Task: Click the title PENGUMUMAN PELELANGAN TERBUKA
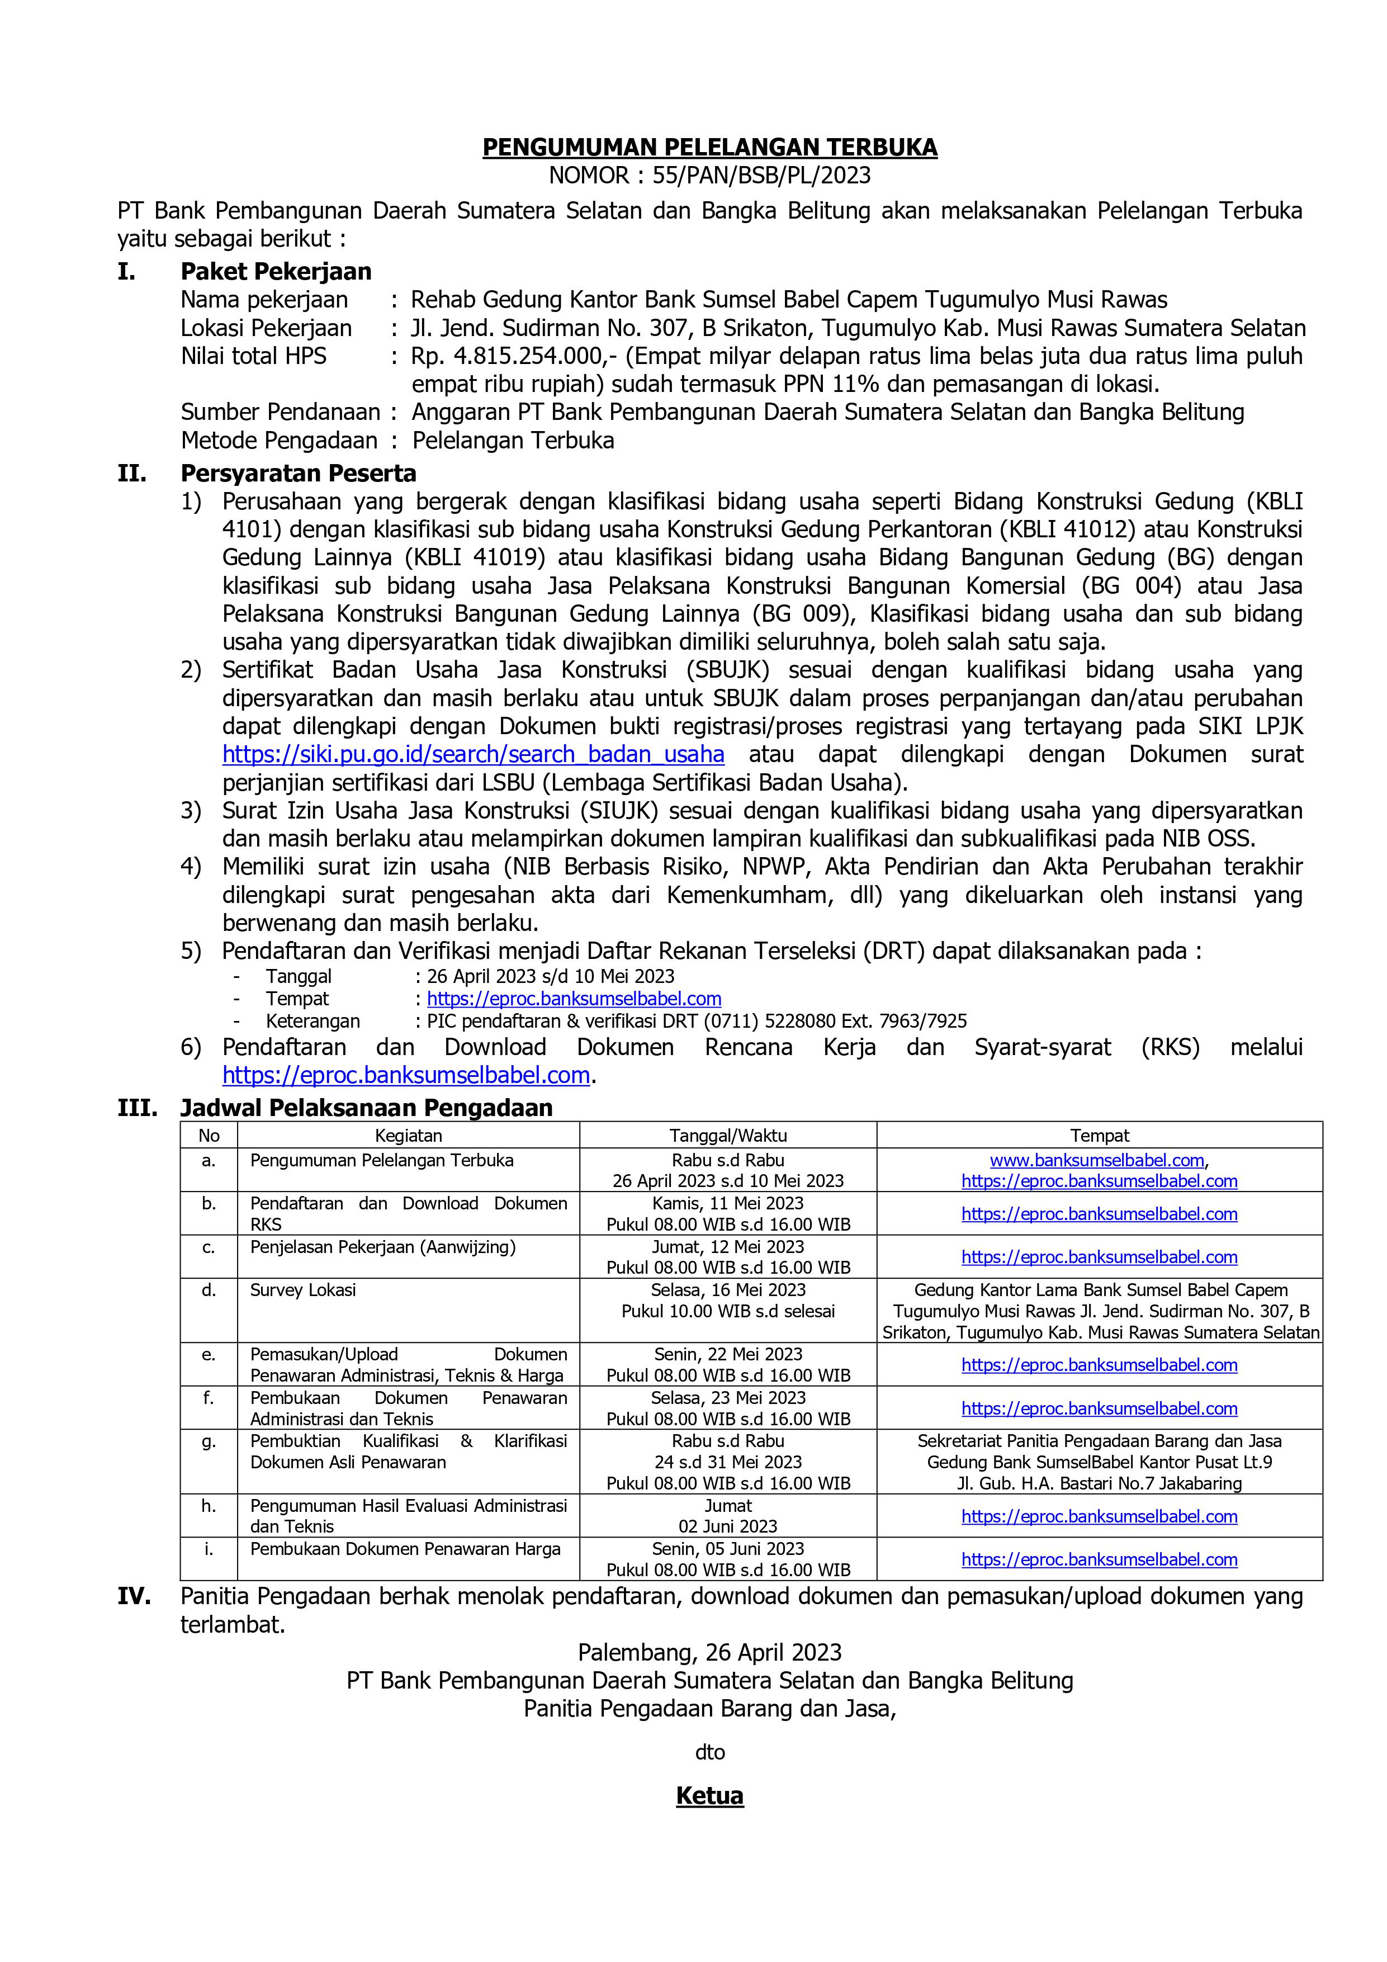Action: [709, 148]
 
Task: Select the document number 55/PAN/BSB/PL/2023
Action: [760, 175]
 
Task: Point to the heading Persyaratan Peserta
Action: [298, 474]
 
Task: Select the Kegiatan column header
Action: [409, 1136]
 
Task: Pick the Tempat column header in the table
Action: [1099, 1136]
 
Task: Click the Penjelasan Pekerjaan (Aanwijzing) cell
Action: [383, 1247]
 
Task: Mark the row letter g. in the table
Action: [209, 1441]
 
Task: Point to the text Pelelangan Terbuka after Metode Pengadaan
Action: [513, 441]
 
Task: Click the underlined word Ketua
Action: [709, 1795]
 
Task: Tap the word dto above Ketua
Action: [709, 1753]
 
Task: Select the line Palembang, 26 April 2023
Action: [709, 1653]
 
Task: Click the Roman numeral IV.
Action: [134, 1596]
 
